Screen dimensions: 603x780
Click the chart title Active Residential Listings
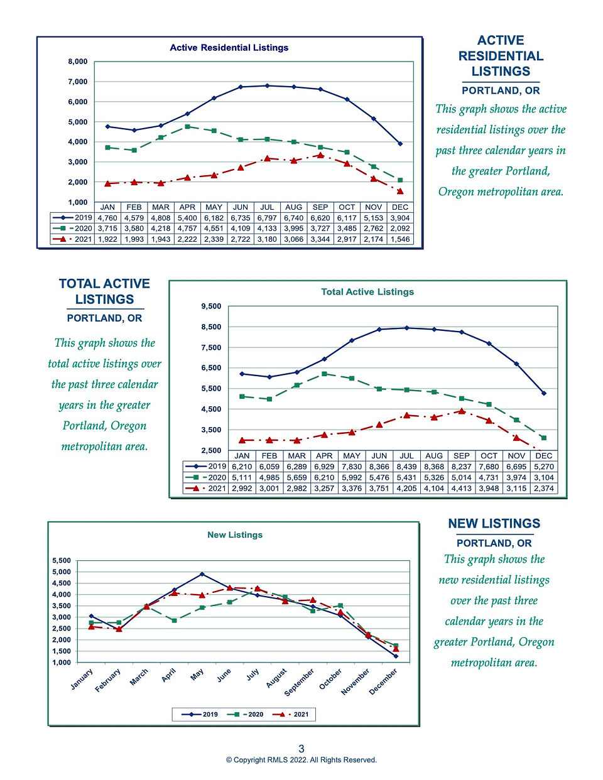click(229, 48)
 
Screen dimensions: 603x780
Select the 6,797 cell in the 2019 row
click(267, 218)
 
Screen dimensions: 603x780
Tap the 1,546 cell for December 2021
click(400, 239)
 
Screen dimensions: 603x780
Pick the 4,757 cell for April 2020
click(187, 229)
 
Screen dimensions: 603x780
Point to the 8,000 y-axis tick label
click(78, 62)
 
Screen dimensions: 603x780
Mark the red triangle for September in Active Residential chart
click(320, 155)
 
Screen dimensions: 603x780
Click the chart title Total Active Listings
click(367, 292)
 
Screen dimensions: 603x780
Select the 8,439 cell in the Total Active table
click(406, 466)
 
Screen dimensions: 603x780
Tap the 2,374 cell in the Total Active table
click(544, 488)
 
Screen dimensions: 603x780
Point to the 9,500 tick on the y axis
click(212, 306)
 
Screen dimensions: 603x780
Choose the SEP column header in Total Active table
click(461, 456)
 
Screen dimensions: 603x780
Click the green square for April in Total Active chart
click(325, 374)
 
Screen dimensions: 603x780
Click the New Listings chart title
click(235, 535)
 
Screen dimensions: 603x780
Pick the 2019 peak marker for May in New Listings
click(202, 574)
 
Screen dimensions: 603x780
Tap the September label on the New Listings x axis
click(299, 683)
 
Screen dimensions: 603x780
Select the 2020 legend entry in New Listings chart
click(246, 714)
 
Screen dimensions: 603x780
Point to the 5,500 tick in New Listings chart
click(62, 561)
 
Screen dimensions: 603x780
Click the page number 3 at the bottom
click(301, 749)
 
